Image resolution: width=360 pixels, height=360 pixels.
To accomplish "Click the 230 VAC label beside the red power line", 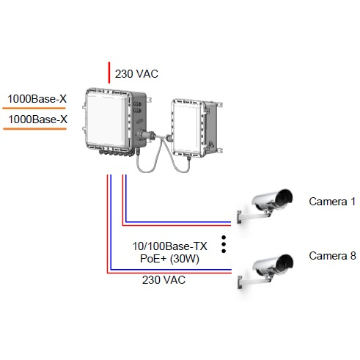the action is coord(136,74).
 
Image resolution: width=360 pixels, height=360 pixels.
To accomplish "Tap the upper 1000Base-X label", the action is coord(37,99).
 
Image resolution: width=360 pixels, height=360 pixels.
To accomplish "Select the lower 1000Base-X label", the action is coord(37,120).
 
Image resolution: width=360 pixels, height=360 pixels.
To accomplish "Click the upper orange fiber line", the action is coord(34,108).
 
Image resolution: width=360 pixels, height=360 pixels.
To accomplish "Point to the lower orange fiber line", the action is coord(34,128).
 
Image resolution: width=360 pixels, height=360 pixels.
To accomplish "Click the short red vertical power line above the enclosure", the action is coord(109,73).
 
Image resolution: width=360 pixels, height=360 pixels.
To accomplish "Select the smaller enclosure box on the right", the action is coord(196,128).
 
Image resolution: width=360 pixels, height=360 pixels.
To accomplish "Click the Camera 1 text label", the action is coord(332,202).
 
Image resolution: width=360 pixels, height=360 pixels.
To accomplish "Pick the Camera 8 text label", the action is coord(332,256).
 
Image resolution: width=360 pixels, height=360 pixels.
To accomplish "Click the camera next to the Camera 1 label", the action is coord(265,205).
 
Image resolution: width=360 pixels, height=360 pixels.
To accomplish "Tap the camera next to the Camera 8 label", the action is coord(265,271).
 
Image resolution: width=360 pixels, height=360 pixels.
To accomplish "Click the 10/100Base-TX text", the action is coord(169,246).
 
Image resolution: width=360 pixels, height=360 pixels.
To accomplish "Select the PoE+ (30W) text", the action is coord(169,259).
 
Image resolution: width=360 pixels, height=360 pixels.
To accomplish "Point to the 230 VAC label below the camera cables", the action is coord(164,280).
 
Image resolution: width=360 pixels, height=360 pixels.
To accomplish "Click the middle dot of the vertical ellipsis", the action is coord(224,244).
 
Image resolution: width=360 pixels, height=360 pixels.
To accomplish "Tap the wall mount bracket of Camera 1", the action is coord(251,216).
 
